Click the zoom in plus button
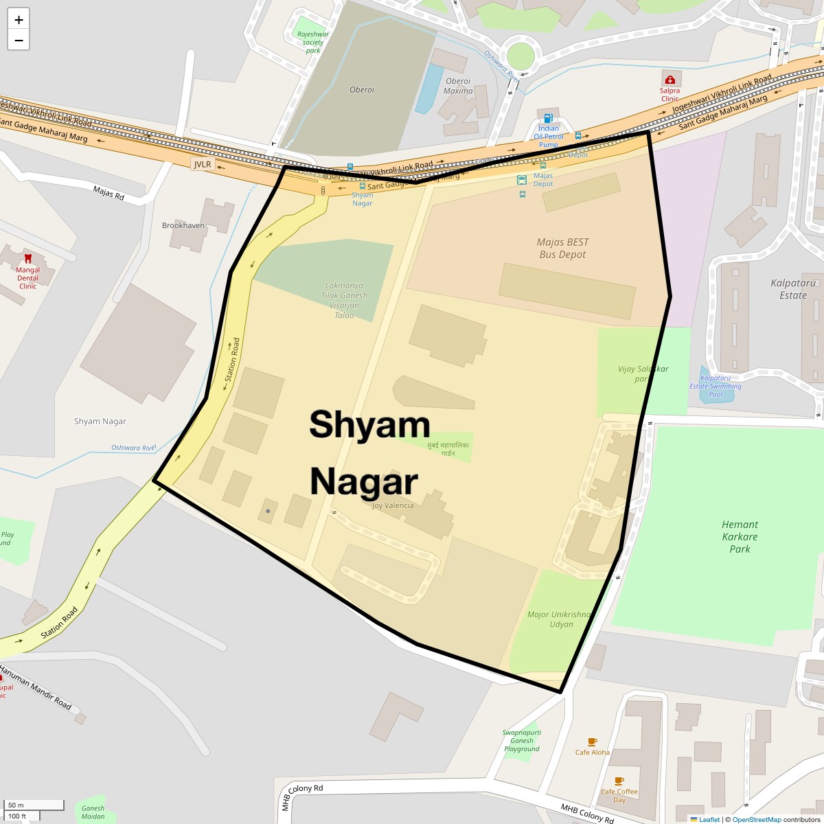[x=19, y=20]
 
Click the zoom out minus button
[x=19, y=41]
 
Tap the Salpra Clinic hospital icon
[x=669, y=80]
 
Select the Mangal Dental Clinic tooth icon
[x=28, y=259]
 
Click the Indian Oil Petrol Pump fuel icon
[x=548, y=119]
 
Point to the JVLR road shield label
[x=203, y=165]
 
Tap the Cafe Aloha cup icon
[x=592, y=742]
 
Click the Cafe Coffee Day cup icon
[x=619, y=781]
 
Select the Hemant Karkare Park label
[x=740, y=536]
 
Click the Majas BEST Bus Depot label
[x=562, y=248]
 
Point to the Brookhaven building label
[x=183, y=225]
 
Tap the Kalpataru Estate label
[x=793, y=289]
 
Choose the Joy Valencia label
[x=393, y=505]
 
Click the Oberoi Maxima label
[x=458, y=86]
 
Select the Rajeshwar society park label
[x=313, y=42]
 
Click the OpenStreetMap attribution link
[x=756, y=819]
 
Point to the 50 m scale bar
[x=34, y=805]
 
